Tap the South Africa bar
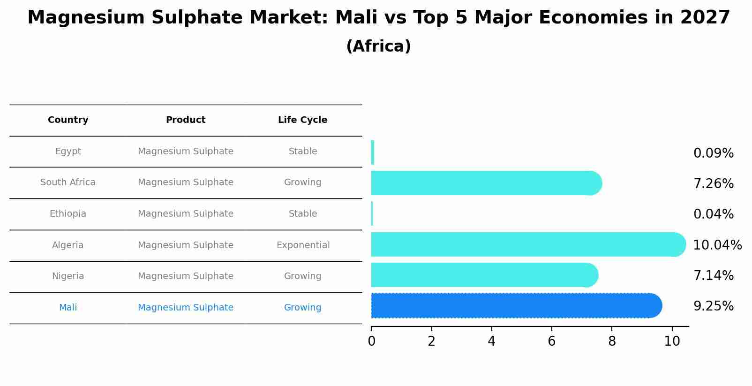pos(483,183)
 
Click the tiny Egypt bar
pos(373,152)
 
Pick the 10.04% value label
pos(717,245)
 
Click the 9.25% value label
pos(713,306)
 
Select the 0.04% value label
pos(713,214)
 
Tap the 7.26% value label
pos(713,184)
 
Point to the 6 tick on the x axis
pos(551,341)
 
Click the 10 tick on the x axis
pos(672,341)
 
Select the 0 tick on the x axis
pos(371,341)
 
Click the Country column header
pos(68,120)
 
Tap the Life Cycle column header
pos(302,120)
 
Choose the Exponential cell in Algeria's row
pos(303,245)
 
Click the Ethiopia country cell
pos(68,214)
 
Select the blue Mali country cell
pos(68,308)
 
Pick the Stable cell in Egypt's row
pos(303,151)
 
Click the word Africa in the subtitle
pos(378,46)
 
